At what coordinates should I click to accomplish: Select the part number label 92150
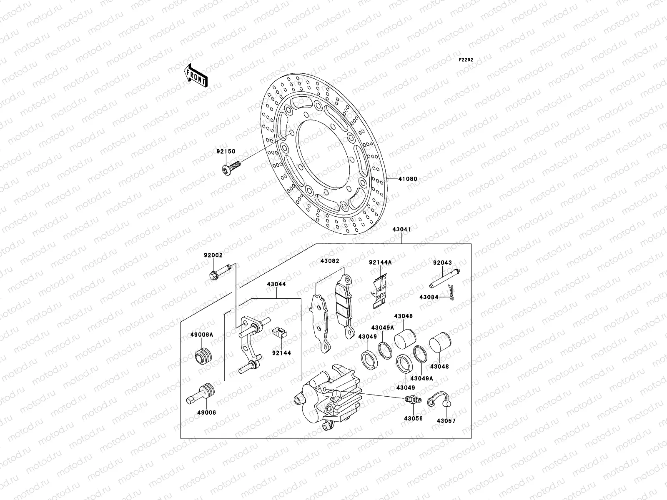point(226,151)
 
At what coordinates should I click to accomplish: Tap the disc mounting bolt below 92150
point(231,168)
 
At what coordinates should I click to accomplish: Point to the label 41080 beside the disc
point(407,179)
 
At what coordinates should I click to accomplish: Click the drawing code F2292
point(466,60)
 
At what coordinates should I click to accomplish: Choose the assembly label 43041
point(401,229)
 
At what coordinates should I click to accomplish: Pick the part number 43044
point(276,284)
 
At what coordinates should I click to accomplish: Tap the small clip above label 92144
point(280,332)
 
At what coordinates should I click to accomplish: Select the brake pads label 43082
point(330,261)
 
